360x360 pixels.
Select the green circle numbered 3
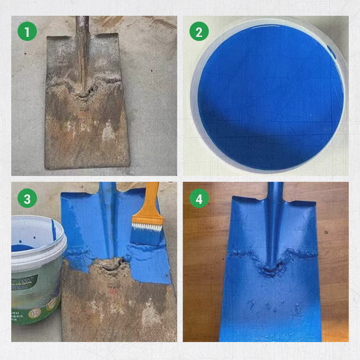(27, 198)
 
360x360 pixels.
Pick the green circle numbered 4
(198, 198)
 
